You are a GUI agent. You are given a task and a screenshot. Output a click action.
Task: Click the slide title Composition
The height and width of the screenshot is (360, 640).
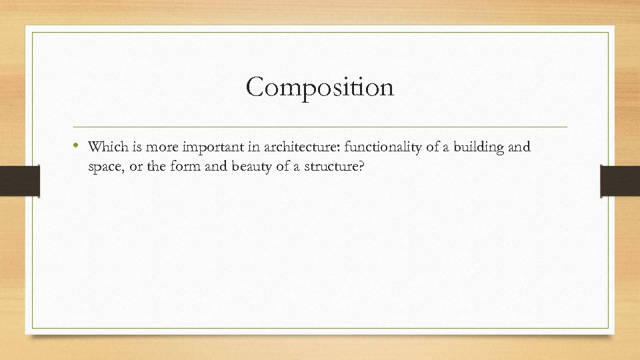[x=320, y=87]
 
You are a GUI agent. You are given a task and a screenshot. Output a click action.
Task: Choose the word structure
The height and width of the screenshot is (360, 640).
[x=329, y=167]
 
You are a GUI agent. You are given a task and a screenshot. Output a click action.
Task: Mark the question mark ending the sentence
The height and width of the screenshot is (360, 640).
[x=361, y=167]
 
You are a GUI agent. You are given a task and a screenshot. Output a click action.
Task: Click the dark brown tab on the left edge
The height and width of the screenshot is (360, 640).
[x=20, y=181]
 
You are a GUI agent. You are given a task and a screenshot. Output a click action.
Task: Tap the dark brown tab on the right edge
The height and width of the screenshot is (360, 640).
[x=620, y=181]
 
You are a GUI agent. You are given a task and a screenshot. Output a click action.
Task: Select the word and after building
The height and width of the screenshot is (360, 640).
[x=519, y=147]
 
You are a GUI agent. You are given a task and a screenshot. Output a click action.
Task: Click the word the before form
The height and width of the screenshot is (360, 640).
[x=166, y=167]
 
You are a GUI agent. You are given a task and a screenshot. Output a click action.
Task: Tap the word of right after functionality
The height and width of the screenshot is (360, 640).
[x=417, y=147]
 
